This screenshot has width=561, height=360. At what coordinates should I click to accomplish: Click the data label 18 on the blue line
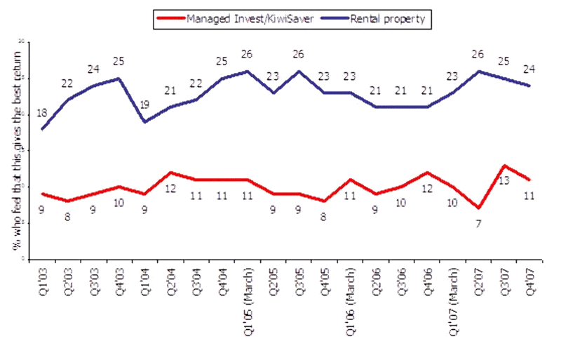point(41,114)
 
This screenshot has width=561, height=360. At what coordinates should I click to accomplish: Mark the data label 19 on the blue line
point(144,105)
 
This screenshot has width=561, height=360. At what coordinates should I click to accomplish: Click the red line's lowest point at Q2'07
point(479,208)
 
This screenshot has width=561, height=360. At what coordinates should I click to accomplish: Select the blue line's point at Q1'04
point(144,121)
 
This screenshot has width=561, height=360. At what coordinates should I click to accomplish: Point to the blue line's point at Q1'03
point(42,129)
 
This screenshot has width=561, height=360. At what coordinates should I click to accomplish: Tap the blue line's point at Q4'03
point(119,78)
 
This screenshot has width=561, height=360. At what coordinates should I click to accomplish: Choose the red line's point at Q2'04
point(170,173)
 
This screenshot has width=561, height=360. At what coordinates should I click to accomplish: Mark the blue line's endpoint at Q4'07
point(529,86)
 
